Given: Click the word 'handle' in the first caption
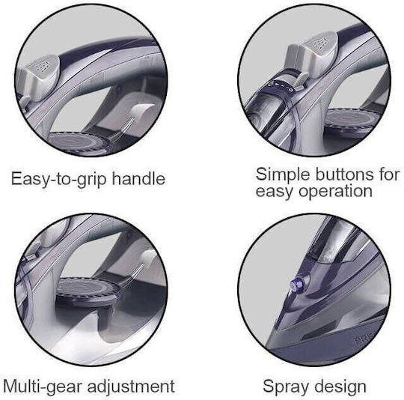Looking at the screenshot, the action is click(138, 179).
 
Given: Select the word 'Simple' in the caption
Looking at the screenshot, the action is click(283, 175).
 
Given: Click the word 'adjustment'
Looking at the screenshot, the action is click(131, 387).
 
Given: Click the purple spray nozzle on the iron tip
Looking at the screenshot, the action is click(298, 284).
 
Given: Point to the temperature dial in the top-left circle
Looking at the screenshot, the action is click(80, 143).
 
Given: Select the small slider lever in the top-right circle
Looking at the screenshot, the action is click(301, 81).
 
